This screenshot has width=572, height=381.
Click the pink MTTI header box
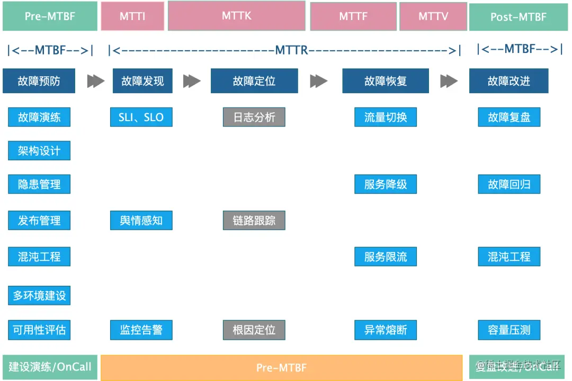click(132, 16)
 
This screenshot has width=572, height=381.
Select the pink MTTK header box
click(237, 16)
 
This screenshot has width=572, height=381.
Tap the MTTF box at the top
click(353, 16)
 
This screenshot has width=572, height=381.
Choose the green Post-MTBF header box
click(518, 16)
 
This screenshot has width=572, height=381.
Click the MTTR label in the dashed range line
click(291, 50)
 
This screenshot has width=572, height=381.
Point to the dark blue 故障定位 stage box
click(254, 81)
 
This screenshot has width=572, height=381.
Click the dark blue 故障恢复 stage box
click(386, 81)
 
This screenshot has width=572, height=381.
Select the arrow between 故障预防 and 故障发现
click(96, 81)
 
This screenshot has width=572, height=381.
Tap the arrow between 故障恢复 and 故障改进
click(449, 81)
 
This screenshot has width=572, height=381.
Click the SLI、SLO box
click(141, 117)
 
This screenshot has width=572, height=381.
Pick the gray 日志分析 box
click(254, 117)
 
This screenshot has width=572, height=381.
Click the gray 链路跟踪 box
click(254, 220)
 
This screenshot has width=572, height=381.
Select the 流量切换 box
click(386, 117)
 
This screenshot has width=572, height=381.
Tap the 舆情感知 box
click(141, 220)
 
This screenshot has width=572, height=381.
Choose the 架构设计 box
click(39, 151)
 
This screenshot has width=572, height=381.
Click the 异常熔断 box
click(386, 330)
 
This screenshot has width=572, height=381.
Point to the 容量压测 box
click(509, 330)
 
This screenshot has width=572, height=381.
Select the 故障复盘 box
click(509, 117)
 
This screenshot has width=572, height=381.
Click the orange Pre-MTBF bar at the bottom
click(281, 368)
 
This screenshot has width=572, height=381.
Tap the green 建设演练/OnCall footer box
click(50, 367)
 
